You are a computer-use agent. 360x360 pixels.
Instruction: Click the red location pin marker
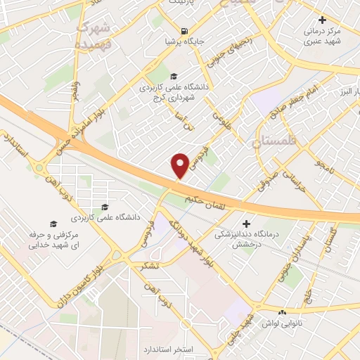tap(181, 165)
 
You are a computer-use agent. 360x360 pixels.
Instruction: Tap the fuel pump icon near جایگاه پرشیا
tap(184, 30)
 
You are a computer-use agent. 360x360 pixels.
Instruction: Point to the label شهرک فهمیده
tap(94, 33)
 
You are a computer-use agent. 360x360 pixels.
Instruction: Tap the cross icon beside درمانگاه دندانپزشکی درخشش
tap(245, 223)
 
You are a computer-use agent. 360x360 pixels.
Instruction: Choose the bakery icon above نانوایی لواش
tap(283, 311)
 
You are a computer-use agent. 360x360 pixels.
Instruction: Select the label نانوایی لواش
tap(283, 323)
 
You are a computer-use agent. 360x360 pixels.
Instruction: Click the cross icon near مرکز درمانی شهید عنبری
tap(322, 20)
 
